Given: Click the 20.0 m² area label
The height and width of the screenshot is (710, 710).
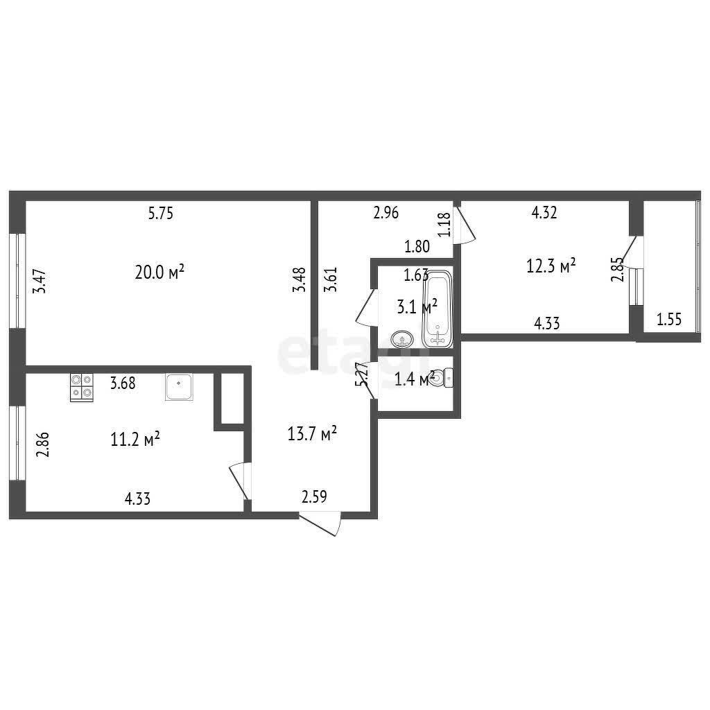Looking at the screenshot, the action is (x=159, y=272).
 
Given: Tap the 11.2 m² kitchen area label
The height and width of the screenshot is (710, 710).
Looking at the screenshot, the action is (x=135, y=439).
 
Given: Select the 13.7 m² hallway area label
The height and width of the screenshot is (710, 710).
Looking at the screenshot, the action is (x=312, y=433).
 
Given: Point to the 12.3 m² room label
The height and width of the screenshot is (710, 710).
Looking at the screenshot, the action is (x=551, y=266).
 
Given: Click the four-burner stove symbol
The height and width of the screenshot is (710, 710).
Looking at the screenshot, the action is (x=82, y=387).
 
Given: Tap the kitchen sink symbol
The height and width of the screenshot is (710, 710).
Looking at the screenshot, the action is (x=179, y=387).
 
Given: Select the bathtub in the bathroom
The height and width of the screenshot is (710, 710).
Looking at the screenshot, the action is (x=438, y=309).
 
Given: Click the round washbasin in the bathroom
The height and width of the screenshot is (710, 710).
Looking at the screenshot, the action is (x=401, y=338).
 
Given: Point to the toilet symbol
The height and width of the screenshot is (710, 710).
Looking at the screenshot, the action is (x=440, y=378).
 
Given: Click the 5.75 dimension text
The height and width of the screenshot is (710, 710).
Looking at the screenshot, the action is (x=161, y=213).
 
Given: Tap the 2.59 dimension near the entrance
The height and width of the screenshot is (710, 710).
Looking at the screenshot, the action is (x=314, y=496).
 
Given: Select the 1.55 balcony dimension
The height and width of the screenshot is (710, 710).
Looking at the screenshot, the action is (x=669, y=319).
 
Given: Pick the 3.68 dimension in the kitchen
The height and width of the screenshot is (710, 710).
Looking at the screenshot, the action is (x=123, y=383).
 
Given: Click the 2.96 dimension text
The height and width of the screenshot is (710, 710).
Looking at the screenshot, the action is (x=386, y=212).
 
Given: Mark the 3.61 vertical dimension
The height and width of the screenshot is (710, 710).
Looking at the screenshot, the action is (x=331, y=279).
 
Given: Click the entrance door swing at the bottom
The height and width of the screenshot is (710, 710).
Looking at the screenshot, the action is (x=320, y=524).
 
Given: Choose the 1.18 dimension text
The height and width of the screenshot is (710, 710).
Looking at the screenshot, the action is (x=444, y=225).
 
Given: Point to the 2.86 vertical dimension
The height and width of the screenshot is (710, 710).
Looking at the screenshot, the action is (x=42, y=445).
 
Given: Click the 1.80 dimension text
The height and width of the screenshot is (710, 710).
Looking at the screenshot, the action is (x=417, y=247).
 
